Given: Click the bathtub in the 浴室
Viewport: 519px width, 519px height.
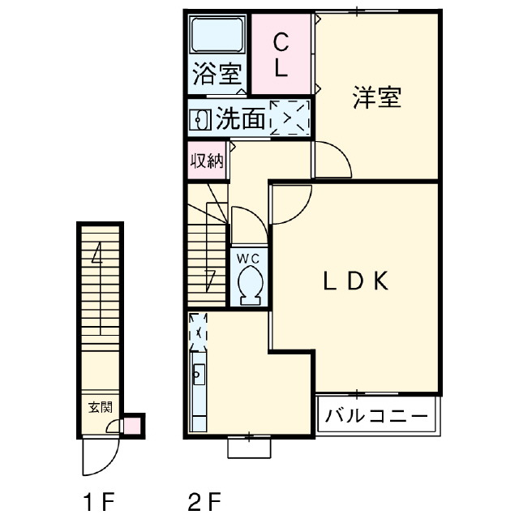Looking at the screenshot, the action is [x=217, y=35].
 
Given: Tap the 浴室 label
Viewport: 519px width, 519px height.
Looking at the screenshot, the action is [x=217, y=74].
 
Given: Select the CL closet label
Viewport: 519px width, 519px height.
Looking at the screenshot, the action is [x=281, y=55].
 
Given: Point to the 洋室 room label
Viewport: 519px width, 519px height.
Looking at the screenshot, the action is [x=376, y=97].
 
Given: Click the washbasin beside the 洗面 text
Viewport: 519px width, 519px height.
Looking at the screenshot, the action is [x=200, y=119].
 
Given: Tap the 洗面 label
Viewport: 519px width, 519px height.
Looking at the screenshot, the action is [x=241, y=118].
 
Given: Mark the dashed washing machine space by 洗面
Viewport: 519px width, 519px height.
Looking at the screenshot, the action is [x=290, y=118].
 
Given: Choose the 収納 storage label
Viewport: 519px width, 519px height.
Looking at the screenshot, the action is [x=207, y=161].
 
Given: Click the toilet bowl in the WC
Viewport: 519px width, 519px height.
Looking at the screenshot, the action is [x=251, y=285].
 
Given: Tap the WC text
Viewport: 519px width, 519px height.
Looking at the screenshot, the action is [x=248, y=259].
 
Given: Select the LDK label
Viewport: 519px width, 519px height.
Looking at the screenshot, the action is [x=356, y=281].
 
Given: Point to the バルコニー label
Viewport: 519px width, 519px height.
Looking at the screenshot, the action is [x=376, y=415].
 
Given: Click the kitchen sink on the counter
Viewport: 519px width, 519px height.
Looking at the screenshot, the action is [x=199, y=375].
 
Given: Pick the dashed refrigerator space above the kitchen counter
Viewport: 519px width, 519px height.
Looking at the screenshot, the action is [x=198, y=332].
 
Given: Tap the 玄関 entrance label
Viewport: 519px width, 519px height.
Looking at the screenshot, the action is [x=101, y=407].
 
